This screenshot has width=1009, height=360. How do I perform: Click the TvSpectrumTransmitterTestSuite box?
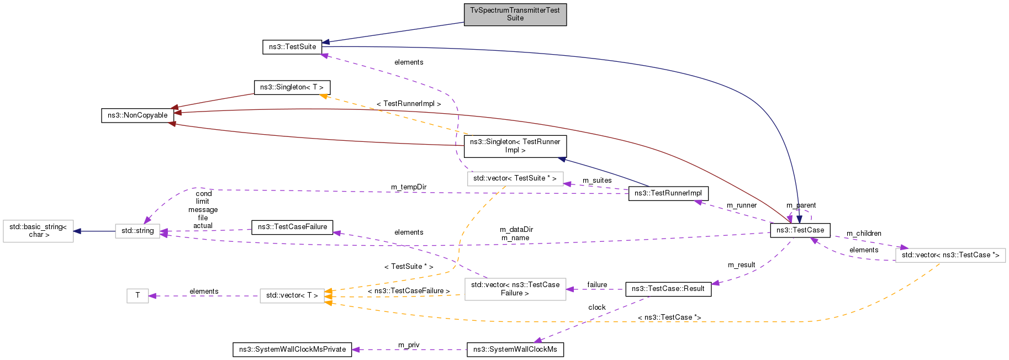click(x=515, y=14)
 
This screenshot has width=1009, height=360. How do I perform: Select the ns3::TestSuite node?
click(x=292, y=47)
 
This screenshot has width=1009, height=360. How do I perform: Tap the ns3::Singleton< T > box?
click(x=292, y=87)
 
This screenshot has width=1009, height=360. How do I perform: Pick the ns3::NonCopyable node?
click(x=138, y=115)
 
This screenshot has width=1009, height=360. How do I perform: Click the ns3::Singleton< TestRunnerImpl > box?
click(x=515, y=146)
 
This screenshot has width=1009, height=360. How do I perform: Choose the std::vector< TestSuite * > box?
click(x=515, y=178)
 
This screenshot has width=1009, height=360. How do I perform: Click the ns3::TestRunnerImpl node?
click(x=668, y=193)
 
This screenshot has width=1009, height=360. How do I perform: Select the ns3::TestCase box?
click(x=800, y=230)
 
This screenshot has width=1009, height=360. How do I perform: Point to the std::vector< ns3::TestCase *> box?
click(x=950, y=255)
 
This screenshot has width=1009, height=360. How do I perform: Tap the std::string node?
click(x=138, y=231)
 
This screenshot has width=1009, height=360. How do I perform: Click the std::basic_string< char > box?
click(x=38, y=231)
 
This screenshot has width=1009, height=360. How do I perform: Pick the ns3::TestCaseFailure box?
click(x=292, y=227)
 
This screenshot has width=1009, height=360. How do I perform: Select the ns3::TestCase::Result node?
click(x=668, y=289)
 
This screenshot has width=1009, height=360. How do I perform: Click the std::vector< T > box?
click(x=292, y=296)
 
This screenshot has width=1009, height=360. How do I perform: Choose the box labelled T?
click(x=138, y=296)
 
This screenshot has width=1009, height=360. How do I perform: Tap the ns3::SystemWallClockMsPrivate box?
click(x=292, y=350)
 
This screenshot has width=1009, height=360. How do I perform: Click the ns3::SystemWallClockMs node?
click(x=515, y=350)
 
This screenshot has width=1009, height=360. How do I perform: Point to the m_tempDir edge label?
click(x=409, y=187)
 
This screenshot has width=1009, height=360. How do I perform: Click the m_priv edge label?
click(x=409, y=345)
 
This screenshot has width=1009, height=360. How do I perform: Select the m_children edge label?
click(x=864, y=234)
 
